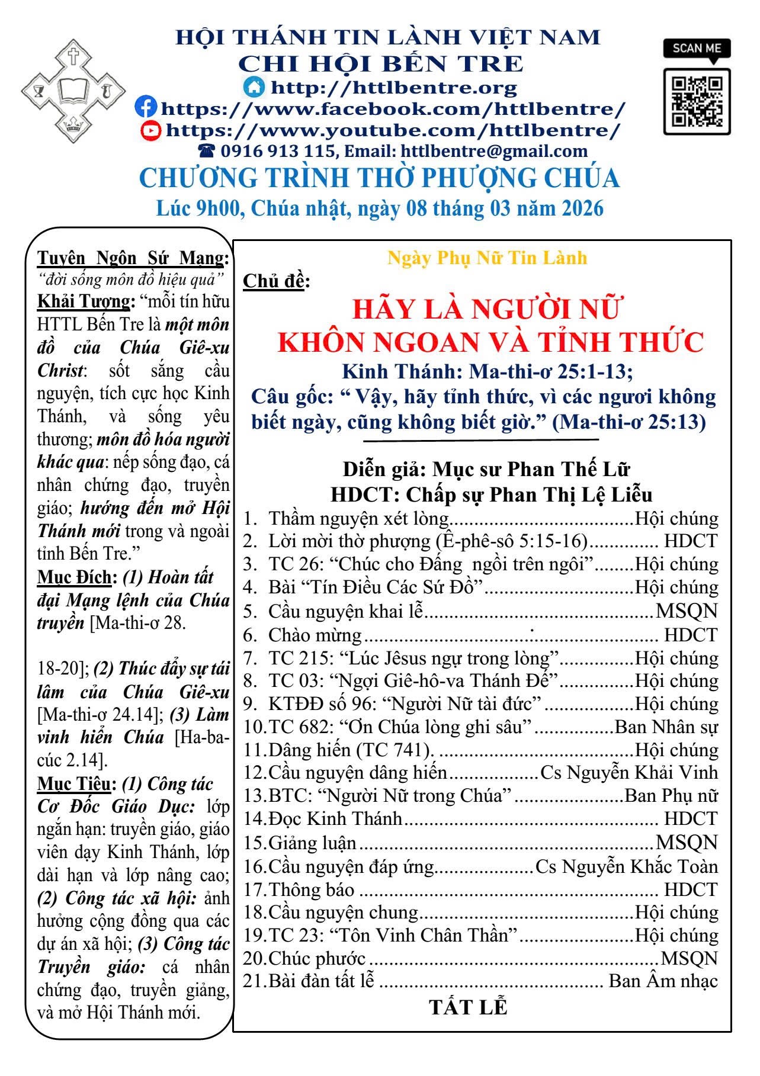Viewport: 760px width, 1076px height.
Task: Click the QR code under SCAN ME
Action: click(697, 101)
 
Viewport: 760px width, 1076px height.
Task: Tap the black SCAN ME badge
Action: click(697, 49)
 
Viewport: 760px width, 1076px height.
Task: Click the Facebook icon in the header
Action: click(146, 108)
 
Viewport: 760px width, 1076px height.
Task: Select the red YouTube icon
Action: click(151, 130)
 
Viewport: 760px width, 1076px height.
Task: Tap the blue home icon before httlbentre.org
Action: click(254, 87)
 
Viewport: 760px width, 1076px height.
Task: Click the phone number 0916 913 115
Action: click(278, 152)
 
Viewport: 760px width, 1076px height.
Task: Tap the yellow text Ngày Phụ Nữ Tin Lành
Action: click(487, 258)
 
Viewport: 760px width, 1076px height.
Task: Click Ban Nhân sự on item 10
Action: click(666, 727)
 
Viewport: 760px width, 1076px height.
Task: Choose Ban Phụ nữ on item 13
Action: click(671, 796)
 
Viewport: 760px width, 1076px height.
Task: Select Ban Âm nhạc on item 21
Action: click(663, 981)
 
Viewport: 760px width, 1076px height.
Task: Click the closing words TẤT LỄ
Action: click(468, 1008)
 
